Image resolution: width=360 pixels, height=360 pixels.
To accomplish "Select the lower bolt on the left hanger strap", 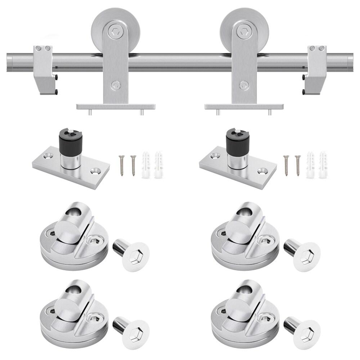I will click(115, 85).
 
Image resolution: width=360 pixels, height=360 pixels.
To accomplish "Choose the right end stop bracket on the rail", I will click(316, 68).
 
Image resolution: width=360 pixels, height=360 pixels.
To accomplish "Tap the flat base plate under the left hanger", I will click(116, 107).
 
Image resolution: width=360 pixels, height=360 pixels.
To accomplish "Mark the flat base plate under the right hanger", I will click(244, 107).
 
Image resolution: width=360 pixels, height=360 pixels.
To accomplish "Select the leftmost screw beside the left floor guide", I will click(122, 165).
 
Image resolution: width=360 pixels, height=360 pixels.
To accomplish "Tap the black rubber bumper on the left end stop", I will click(56, 77).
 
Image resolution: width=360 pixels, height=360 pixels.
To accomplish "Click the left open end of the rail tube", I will click(10, 62).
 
